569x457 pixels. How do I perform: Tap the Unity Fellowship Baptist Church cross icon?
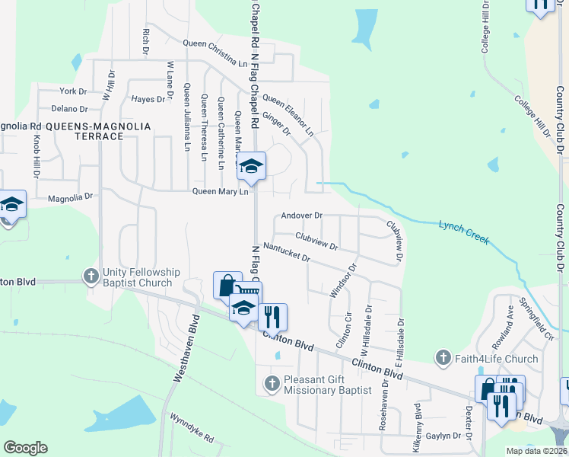(x=91, y=276)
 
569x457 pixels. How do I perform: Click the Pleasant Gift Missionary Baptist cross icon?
(x=272, y=382)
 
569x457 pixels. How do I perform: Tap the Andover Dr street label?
(x=302, y=216)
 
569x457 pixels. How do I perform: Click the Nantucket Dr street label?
(x=287, y=252)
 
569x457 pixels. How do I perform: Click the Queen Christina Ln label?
(x=215, y=49)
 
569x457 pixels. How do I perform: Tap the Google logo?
(x=25, y=447)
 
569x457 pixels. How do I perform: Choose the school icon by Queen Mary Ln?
(x=250, y=167)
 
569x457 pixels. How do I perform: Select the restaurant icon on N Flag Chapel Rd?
(x=272, y=315)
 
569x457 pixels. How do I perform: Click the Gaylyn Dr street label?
(x=443, y=436)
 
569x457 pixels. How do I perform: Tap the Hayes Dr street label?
(x=148, y=99)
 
